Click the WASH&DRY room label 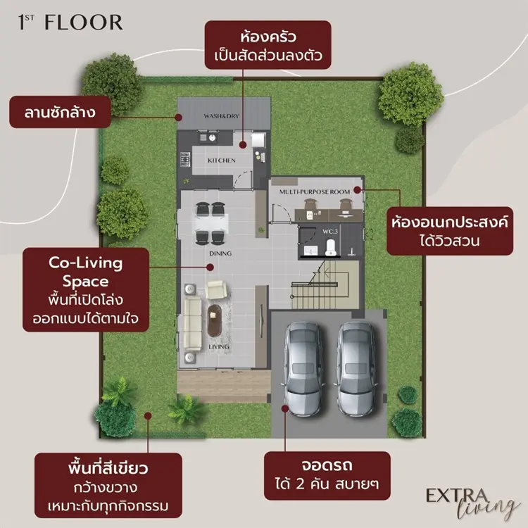tap(221, 116)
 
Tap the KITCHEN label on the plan tap(222, 161)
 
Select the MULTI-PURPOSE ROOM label tap(315, 192)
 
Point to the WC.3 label tap(330, 232)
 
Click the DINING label tap(220, 253)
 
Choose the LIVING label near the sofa tap(219, 347)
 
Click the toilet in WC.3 tap(330, 247)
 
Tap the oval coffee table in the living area tap(215, 320)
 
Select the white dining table tap(212, 222)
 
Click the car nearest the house tap(303, 369)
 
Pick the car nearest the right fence tap(356, 369)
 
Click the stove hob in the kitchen tap(185, 160)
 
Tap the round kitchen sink tap(212, 137)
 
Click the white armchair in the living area tap(216, 289)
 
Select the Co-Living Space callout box tap(86, 290)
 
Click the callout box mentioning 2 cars tap(327, 475)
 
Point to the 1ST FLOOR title tap(70, 23)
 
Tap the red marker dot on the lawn tap(148, 416)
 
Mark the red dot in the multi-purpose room tap(357, 190)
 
